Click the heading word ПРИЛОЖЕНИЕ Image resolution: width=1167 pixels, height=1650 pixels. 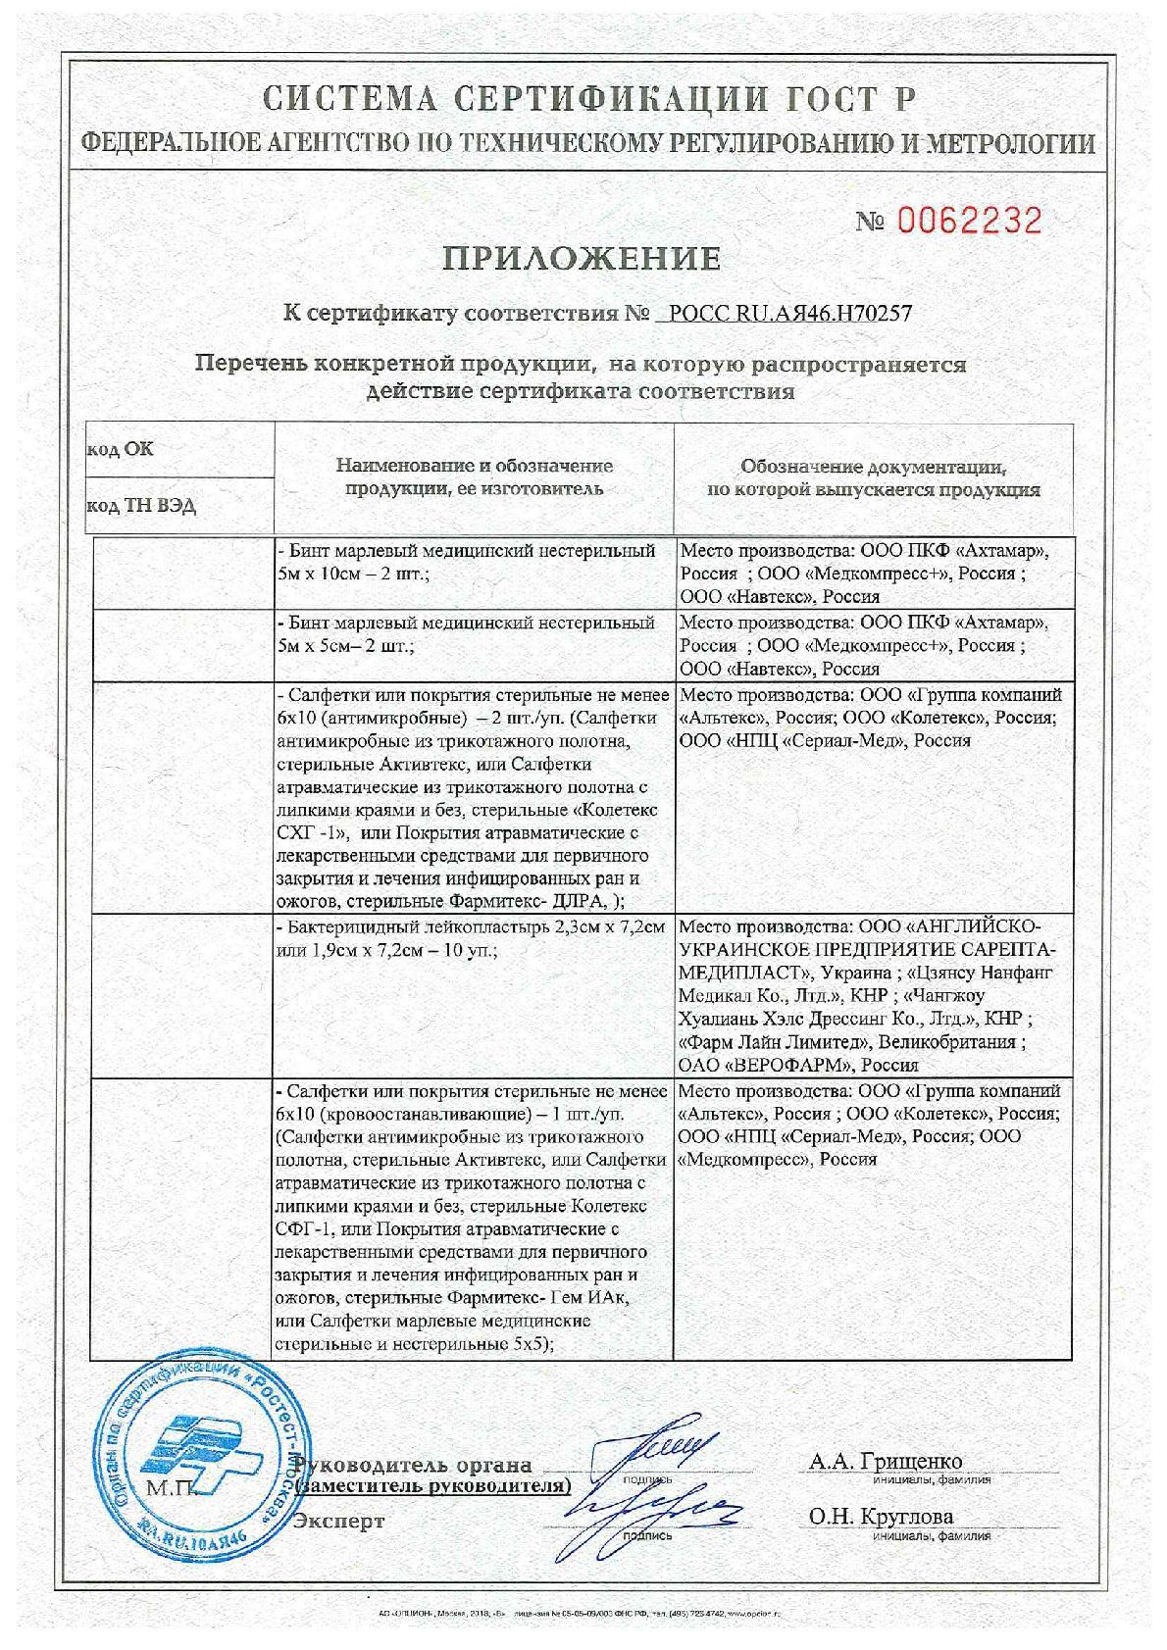[x=583, y=259]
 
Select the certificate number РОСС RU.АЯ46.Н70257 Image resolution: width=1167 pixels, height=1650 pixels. [x=790, y=314]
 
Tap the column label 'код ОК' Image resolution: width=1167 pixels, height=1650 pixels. [x=121, y=450]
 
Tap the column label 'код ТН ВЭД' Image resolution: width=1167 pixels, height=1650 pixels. [x=141, y=506]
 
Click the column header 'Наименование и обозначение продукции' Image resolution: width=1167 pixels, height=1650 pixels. [x=474, y=476]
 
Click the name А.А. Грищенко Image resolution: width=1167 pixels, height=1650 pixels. [x=886, y=1462]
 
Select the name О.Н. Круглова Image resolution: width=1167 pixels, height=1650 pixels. [x=881, y=1516]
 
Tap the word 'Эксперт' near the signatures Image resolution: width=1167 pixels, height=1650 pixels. [x=339, y=1522]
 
